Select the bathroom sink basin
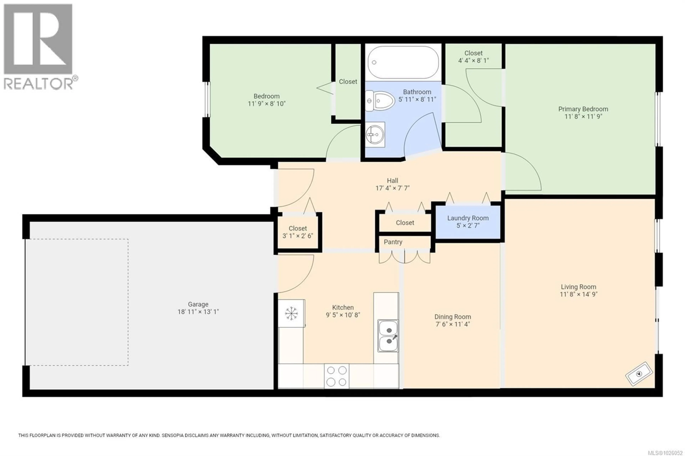pyautogui.click(x=375, y=135)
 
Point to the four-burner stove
pyautogui.click(x=336, y=376)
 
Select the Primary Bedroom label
pyautogui.click(x=583, y=109)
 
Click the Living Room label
pyautogui.click(x=578, y=287)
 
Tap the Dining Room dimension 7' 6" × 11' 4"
pyautogui.click(x=453, y=324)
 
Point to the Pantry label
pyautogui.click(x=393, y=242)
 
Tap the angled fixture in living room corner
pyautogui.click(x=639, y=374)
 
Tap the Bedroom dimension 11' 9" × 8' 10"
pyautogui.click(x=266, y=104)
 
